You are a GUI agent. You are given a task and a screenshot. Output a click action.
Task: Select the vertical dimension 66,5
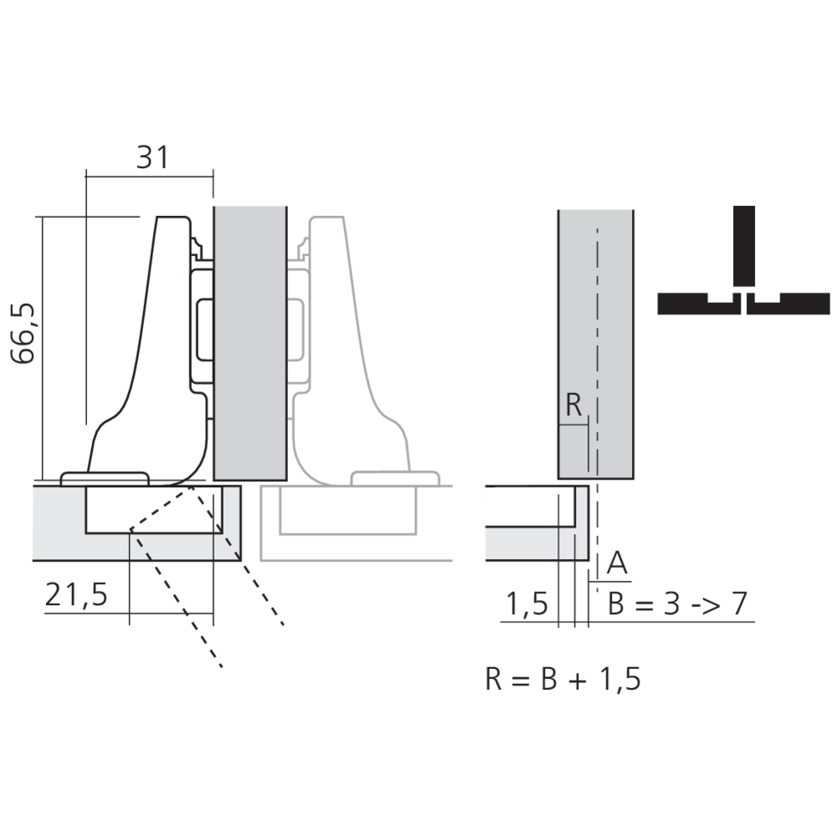[x=24, y=333]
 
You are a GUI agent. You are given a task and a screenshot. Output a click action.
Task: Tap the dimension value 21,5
[x=76, y=595]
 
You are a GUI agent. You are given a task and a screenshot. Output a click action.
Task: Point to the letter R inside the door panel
[x=573, y=405]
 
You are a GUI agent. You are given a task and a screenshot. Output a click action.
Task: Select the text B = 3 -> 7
[x=677, y=604]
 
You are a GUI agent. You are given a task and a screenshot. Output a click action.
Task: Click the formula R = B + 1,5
[x=562, y=679]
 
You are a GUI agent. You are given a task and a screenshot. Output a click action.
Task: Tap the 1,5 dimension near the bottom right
[x=526, y=604]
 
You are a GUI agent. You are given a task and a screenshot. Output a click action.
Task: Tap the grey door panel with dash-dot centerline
[x=595, y=335]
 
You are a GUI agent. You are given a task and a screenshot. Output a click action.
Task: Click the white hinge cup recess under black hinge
[x=151, y=511]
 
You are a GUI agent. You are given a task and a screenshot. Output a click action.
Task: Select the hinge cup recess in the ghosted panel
[x=347, y=511]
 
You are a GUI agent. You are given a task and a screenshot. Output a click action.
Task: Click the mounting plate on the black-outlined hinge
[x=202, y=326]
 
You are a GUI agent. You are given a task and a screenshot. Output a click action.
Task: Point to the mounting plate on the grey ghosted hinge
[x=299, y=326]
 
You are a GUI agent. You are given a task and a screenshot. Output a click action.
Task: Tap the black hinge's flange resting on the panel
[x=105, y=479]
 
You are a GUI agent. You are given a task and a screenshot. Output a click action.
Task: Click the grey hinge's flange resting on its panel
[x=395, y=479]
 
